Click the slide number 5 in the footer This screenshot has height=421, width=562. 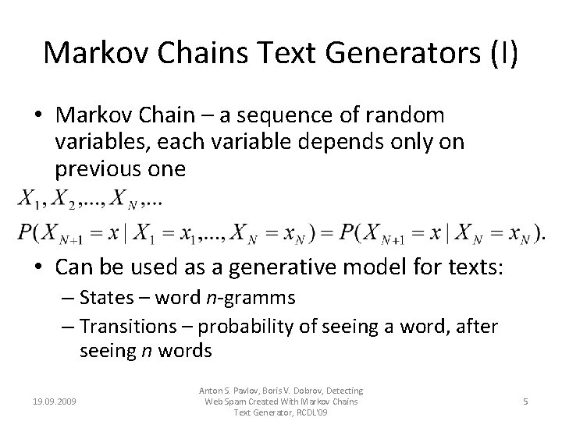tap(526, 402)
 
